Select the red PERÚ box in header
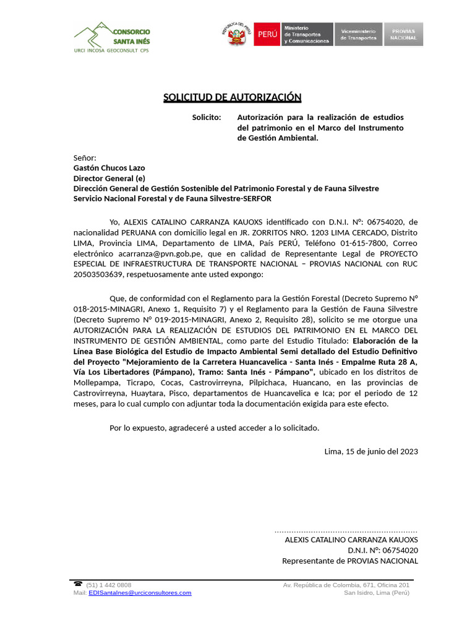[x=267, y=35]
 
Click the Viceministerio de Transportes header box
[x=358, y=35]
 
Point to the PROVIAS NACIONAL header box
[x=403, y=35]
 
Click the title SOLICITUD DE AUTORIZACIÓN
[x=232, y=97]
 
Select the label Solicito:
[x=206, y=117]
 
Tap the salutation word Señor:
[x=85, y=158]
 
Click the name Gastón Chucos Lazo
[x=109, y=168]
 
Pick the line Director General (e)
[x=109, y=178]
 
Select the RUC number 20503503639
[x=99, y=274]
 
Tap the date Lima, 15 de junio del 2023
[x=371, y=451]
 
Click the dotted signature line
[x=346, y=530]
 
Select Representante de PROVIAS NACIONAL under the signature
[x=350, y=561]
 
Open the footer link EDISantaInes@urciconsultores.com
[x=140, y=592]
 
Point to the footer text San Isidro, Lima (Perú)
[x=377, y=592]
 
